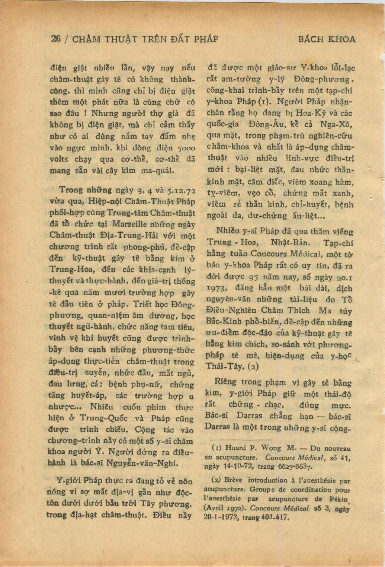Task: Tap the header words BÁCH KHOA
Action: pos(326,39)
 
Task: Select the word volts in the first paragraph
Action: pos(59,159)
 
